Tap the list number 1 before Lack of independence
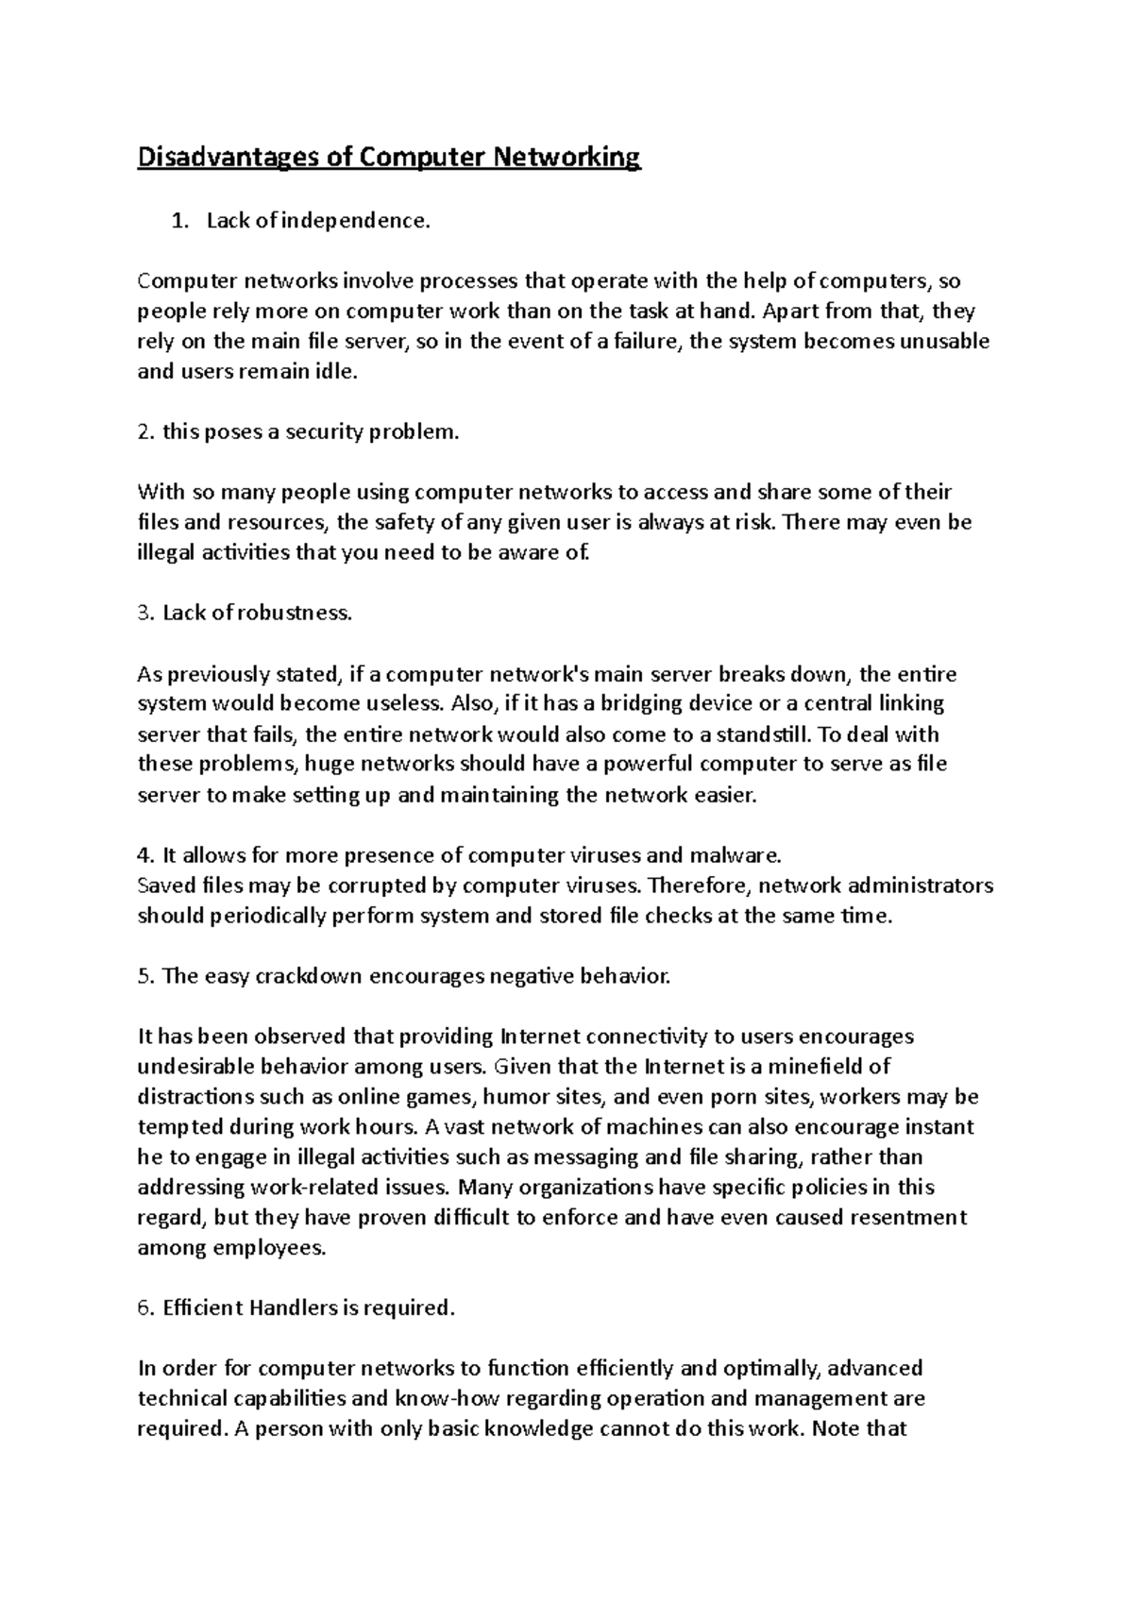pos(173,221)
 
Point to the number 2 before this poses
pos(144,432)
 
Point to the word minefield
pos(837,1067)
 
